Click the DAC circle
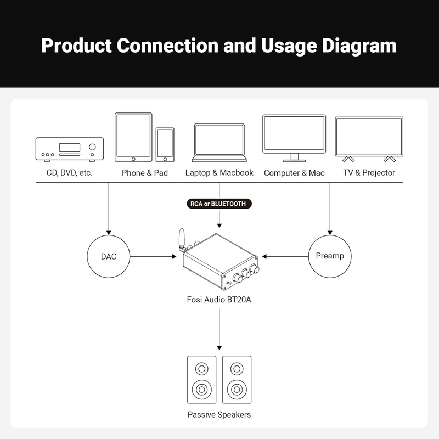coord(109,235)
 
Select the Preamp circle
coord(330,235)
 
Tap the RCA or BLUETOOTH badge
coord(219,204)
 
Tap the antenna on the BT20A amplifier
coord(182,239)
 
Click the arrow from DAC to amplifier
coord(153,256)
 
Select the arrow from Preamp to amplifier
coord(285,256)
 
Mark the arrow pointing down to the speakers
coord(219,329)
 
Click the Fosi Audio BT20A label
coord(219,300)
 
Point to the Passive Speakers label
coord(219,415)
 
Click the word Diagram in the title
coord(359,46)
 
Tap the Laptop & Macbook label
coord(219,172)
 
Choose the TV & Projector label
coord(369,172)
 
